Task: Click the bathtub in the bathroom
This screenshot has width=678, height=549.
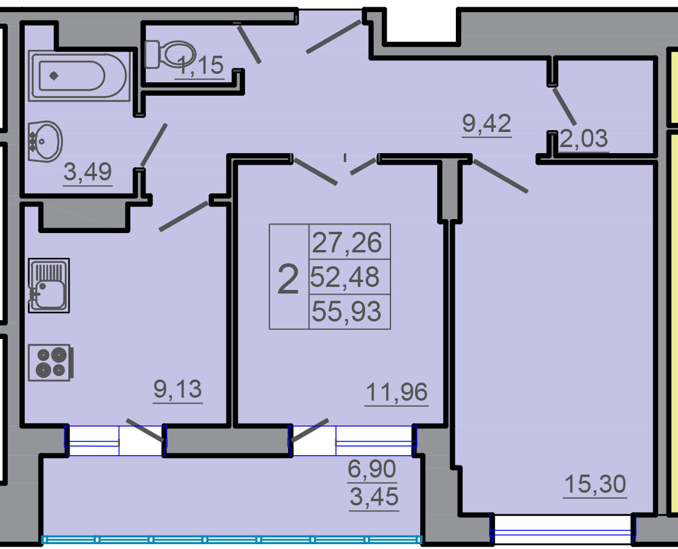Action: tap(79, 76)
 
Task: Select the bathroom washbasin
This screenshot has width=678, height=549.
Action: tap(45, 142)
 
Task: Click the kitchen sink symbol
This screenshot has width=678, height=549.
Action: tap(49, 285)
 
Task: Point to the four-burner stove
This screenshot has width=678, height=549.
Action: tap(50, 363)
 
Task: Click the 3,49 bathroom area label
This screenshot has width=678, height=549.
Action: tap(88, 172)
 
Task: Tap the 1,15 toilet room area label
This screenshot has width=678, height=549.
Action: tap(200, 66)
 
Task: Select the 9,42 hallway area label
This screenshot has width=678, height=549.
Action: tap(487, 123)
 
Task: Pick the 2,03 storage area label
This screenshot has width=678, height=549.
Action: tap(584, 139)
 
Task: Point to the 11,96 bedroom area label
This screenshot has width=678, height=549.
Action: tap(397, 392)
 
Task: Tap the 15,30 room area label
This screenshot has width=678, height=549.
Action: tap(596, 484)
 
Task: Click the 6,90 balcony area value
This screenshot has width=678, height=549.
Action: tap(372, 469)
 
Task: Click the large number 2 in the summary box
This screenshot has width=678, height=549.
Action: tap(288, 279)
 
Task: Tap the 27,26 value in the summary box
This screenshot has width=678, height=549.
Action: tap(347, 243)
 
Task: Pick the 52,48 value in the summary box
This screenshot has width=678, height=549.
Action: tap(344, 277)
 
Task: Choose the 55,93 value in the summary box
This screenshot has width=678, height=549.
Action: tap(347, 312)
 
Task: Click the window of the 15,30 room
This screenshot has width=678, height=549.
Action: tap(562, 528)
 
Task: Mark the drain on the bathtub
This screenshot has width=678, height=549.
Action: tap(54, 76)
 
